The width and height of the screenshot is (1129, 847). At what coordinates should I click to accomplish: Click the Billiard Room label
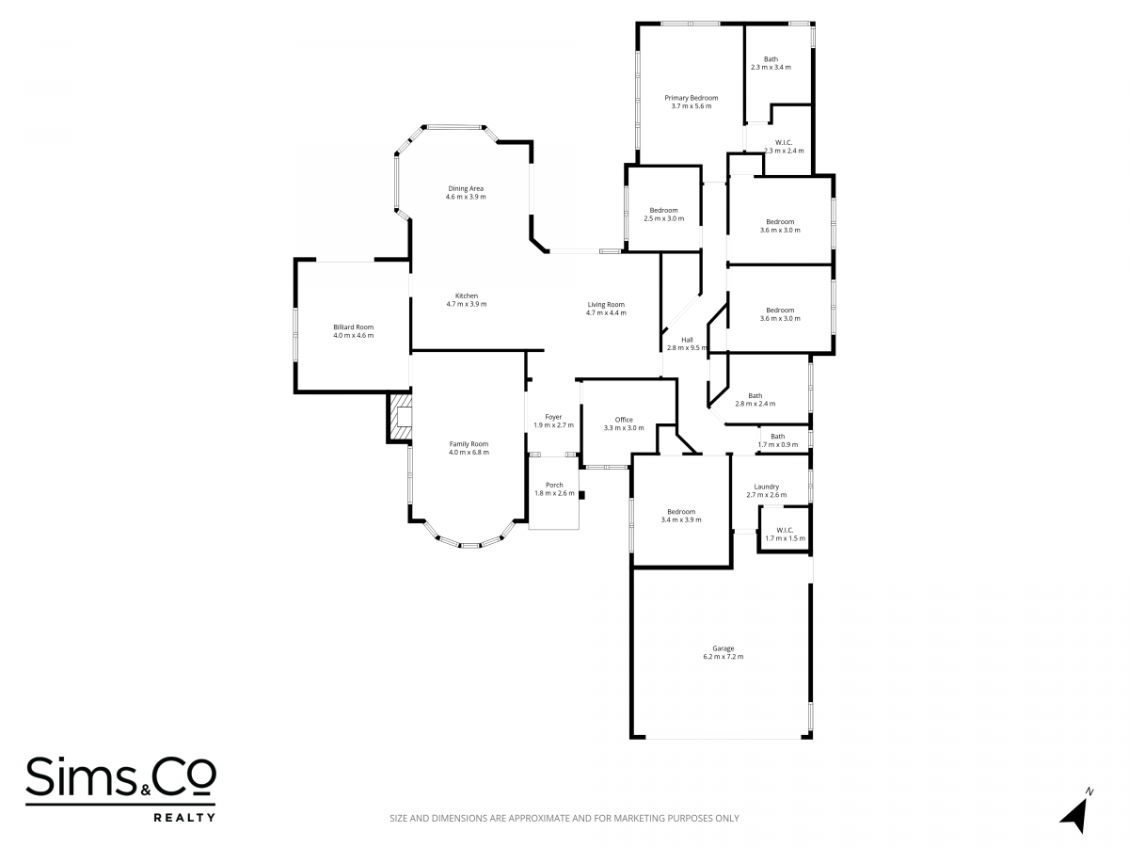point(353,328)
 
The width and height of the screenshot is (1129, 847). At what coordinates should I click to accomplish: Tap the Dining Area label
point(466,189)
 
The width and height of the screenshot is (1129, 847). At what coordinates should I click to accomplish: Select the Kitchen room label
point(467,296)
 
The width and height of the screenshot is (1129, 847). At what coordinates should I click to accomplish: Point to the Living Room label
point(606,304)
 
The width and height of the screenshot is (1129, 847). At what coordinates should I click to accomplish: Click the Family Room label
point(469,444)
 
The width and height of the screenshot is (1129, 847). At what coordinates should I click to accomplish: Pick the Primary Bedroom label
point(692,98)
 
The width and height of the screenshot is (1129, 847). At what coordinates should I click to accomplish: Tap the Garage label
point(724,648)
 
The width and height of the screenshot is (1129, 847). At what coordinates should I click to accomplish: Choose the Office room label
point(624,420)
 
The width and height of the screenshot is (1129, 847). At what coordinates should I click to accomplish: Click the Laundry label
point(767,487)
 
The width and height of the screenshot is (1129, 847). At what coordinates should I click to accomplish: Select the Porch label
point(554,485)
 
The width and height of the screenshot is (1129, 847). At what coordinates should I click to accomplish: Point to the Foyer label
point(553,417)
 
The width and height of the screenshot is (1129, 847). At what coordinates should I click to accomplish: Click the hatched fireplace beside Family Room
point(400,418)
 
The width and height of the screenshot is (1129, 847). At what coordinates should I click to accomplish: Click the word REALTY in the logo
point(184,818)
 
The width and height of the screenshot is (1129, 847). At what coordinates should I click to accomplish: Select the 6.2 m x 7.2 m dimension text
point(724,657)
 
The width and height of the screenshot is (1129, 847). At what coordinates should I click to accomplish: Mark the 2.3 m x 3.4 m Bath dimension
point(771,68)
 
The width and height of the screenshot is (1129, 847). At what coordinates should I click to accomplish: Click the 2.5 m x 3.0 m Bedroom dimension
point(664,218)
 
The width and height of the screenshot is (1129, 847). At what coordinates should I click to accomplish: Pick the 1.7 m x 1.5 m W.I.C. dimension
point(786,538)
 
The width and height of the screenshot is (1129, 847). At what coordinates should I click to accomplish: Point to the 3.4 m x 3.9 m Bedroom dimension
point(681,519)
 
